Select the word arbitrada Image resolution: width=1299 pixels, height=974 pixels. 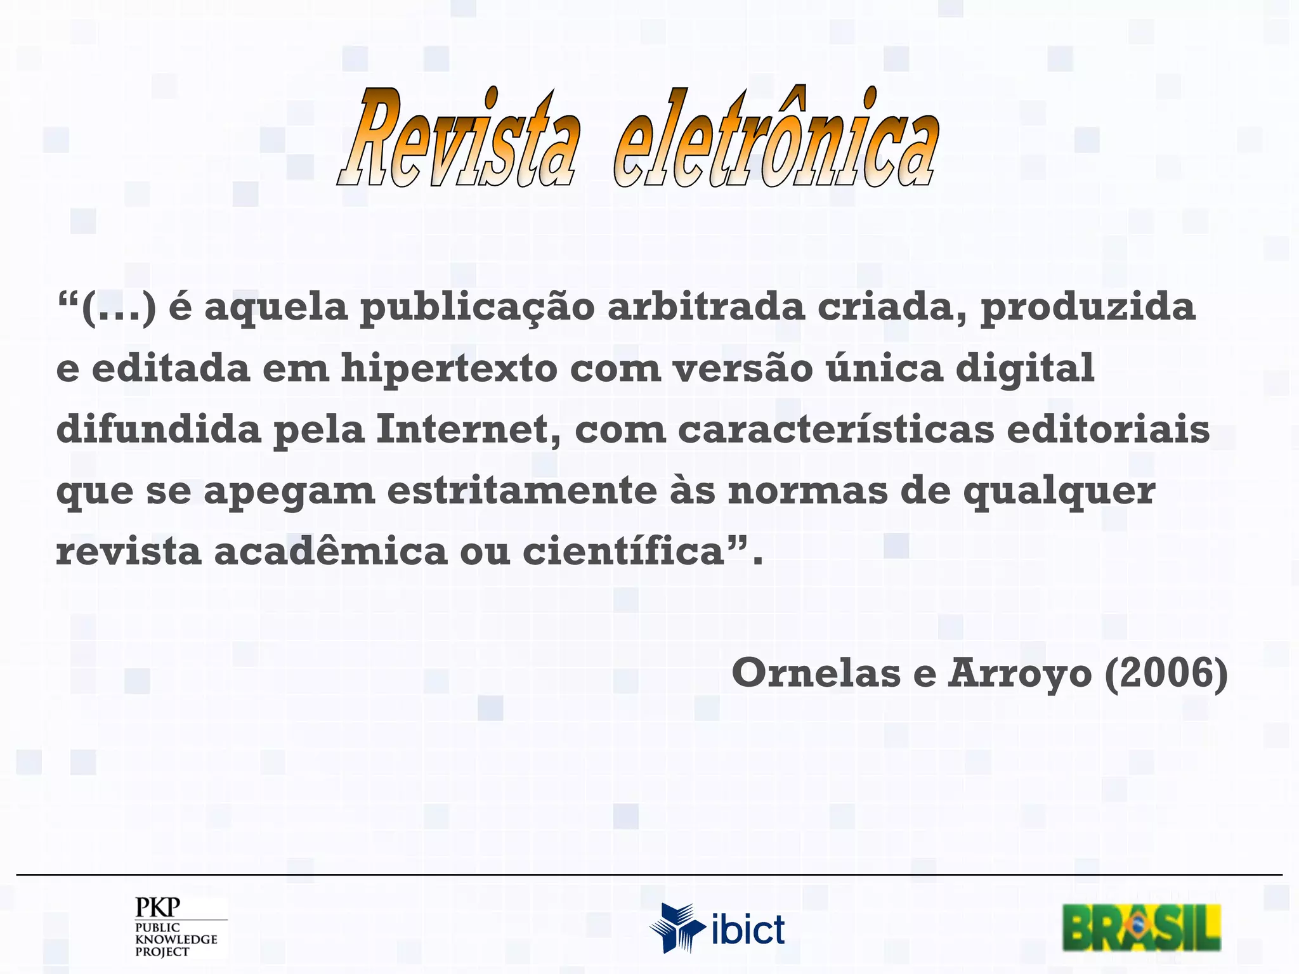(706, 306)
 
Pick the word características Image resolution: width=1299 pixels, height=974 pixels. (836, 430)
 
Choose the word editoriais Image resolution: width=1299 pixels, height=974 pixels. (1108, 430)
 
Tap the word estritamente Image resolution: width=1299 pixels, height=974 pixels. (522, 491)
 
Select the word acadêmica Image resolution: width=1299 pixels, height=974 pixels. (330, 551)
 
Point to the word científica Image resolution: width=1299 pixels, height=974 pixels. (624, 551)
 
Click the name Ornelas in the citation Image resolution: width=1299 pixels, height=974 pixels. (816, 673)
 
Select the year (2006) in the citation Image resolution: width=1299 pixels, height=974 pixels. (1166, 673)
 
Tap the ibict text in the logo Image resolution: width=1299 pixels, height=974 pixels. (748, 930)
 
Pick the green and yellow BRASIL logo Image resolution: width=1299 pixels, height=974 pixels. (1141, 927)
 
